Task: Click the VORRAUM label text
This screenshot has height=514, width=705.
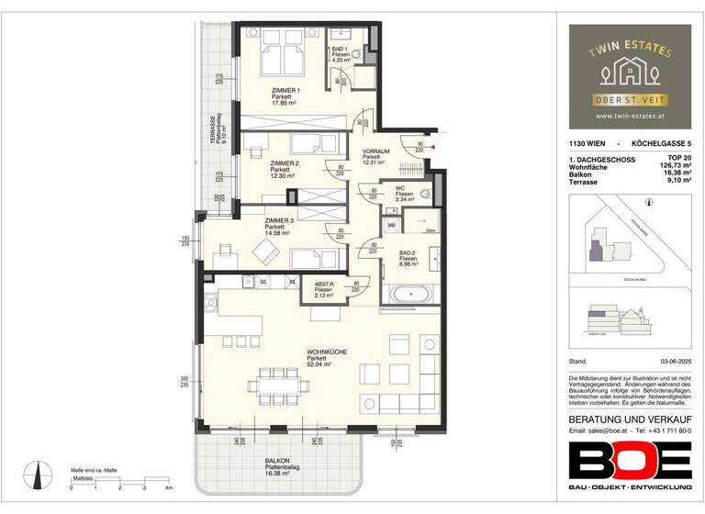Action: pyautogui.click(x=376, y=151)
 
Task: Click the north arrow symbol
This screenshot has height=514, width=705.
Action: pyautogui.click(x=39, y=475)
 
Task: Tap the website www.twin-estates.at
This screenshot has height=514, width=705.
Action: pyautogui.click(x=631, y=116)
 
